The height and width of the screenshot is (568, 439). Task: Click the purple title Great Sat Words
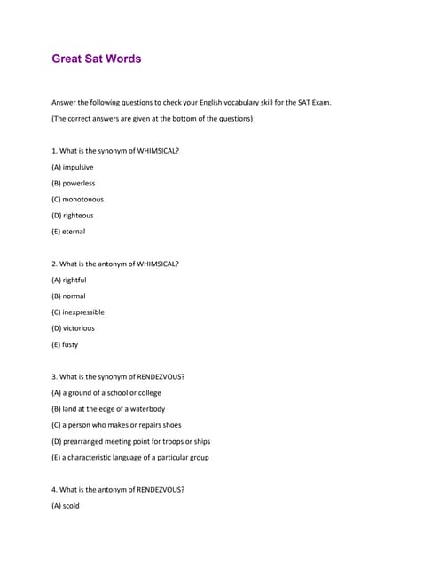click(x=97, y=59)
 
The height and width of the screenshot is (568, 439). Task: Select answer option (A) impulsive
click(x=73, y=167)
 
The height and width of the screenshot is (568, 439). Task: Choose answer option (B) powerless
click(x=74, y=183)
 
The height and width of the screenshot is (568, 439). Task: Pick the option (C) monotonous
click(x=78, y=199)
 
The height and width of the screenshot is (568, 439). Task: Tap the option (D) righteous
click(x=73, y=215)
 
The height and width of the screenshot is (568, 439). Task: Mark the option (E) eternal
click(x=69, y=232)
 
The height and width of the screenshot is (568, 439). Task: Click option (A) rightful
click(x=69, y=280)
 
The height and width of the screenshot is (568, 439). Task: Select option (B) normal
click(x=69, y=296)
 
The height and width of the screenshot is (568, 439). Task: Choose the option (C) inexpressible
click(x=78, y=312)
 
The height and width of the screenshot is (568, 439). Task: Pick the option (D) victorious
click(x=74, y=327)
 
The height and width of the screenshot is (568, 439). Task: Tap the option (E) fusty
click(x=65, y=344)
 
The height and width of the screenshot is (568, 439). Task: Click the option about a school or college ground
click(x=106, y=392)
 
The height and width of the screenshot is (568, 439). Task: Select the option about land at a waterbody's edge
click(x=108, y=408)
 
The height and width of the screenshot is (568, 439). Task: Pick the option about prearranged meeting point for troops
click(x=131, y=441)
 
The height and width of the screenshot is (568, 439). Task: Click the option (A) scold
click(x=66, y=506)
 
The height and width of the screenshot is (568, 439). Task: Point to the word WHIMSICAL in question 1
click(x=158, y=151)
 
